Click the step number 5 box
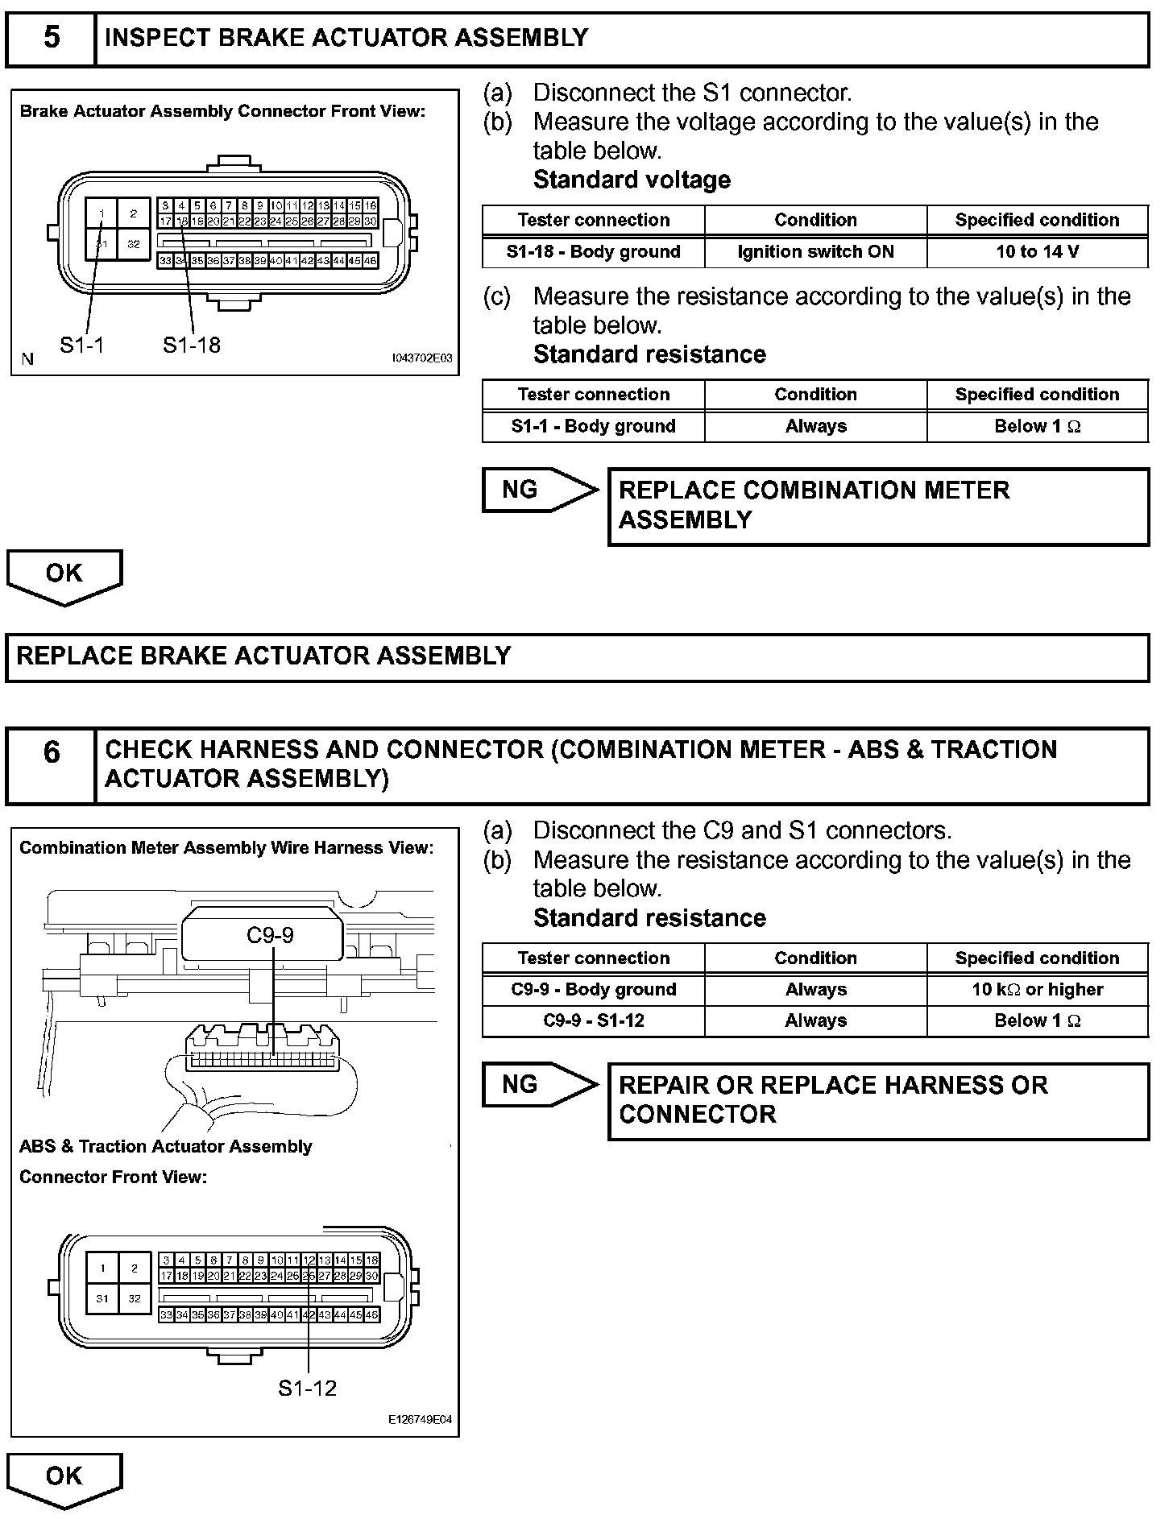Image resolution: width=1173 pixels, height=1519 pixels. click(x=51, y=38)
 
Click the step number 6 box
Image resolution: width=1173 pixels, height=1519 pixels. click(x=51, y=751)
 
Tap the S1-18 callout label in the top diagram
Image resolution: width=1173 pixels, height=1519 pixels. click(x=191, y=346)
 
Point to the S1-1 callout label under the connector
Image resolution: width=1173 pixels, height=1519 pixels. click(x=81, y=346)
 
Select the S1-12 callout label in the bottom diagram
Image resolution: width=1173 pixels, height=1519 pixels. click(x=307, y=1388)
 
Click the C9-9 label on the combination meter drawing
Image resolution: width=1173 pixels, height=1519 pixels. click(x=270, y=934)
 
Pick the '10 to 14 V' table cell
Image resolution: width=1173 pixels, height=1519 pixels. click(x=1037, y=252)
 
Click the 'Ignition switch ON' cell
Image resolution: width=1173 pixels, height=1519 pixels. click(x=815, y=252)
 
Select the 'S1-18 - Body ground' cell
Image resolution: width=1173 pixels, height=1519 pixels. click(x=593, y=252)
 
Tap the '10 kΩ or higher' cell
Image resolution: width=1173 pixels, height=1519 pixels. click(x=1037, y=990)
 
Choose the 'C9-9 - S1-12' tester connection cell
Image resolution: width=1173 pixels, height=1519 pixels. click(x=593, y=1021)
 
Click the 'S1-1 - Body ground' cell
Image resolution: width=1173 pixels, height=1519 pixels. click(x=593, y=427)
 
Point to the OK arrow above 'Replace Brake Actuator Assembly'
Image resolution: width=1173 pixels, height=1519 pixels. click(x=64, y=575)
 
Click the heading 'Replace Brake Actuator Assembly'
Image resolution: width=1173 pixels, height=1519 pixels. click(x=263, y=656)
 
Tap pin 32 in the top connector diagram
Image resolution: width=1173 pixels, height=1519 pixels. click(x=134, y=244)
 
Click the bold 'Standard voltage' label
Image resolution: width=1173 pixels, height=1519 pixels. click(x=632, y=180)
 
